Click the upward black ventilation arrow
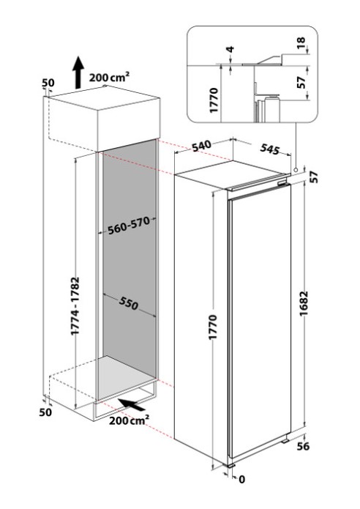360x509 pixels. tap(78, 72)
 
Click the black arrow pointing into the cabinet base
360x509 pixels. tap(132, 404)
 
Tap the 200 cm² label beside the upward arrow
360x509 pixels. tap(109, 77)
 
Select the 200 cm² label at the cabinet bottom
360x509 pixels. tap(129, 420)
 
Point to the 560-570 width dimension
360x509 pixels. tap(129, 226)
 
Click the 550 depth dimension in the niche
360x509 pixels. tap(129, 303)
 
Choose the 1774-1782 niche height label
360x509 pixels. tap(75, 305)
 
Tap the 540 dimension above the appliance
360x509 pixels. tap(201, 146)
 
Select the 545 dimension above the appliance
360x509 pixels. tap(269, 149)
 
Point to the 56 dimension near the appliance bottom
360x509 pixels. tap(303, 446)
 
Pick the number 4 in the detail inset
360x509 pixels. tap(230, 50)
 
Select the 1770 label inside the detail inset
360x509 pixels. tap(214, 100)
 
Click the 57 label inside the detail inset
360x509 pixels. tap(301, 82)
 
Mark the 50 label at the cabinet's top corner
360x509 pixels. tap(48, 83)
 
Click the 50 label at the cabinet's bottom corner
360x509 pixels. tap(45, 412)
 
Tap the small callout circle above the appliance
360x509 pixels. tap(296, 170)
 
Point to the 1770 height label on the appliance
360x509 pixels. tap(213, 327)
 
